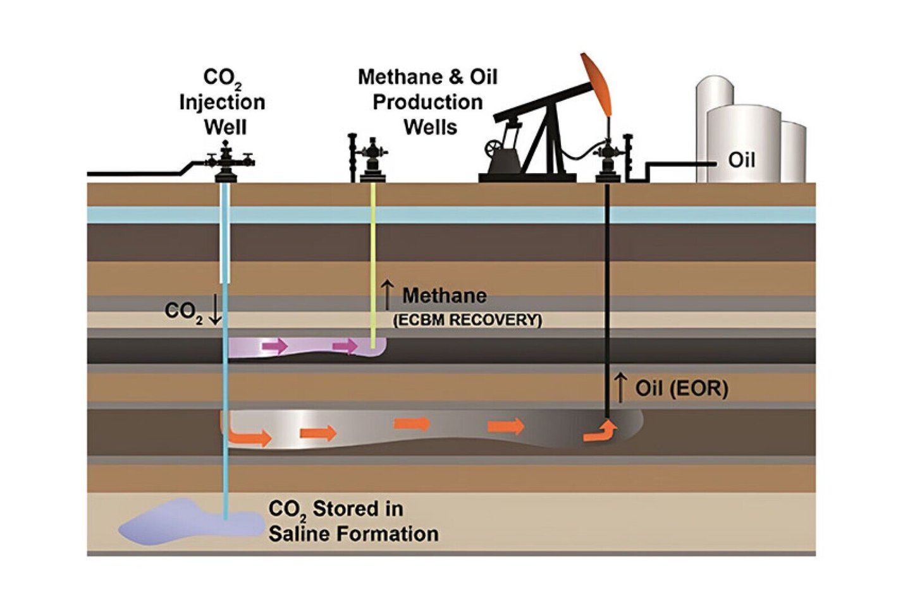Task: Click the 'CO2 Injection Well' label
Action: coord(222,102)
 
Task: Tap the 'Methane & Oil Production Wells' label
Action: coord(427,102)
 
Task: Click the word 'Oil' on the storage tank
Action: coord(741,160)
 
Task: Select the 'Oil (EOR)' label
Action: coord(681,388)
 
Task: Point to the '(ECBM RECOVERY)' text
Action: coord(467,320)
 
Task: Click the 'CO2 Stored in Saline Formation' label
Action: coord(353,521)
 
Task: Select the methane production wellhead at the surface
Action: coord(372,160)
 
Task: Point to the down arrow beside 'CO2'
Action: coord(215,310)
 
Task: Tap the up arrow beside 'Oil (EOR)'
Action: coord(621,387)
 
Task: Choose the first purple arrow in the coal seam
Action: coord(274,346)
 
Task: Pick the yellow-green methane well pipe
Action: coord(373,265)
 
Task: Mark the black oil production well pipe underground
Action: coord(607,284)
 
